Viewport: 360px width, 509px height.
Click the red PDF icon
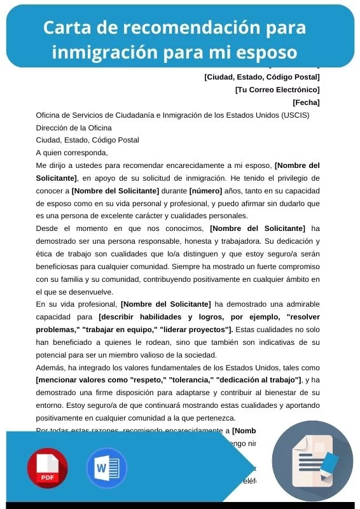point(47,468)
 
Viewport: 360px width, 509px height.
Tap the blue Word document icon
point(106,468)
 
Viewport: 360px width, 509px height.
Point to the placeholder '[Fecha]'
point(306,102)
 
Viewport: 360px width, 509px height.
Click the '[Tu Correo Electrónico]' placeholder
point(277,90)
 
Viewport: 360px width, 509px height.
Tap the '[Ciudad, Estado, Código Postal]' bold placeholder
point(261,78)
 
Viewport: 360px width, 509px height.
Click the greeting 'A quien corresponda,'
point(72,152)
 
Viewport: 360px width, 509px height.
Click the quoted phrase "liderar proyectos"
point(195,329)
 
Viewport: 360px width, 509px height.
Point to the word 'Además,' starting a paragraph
point(50,368)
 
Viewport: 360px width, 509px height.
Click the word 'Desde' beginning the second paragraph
point(48,228)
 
